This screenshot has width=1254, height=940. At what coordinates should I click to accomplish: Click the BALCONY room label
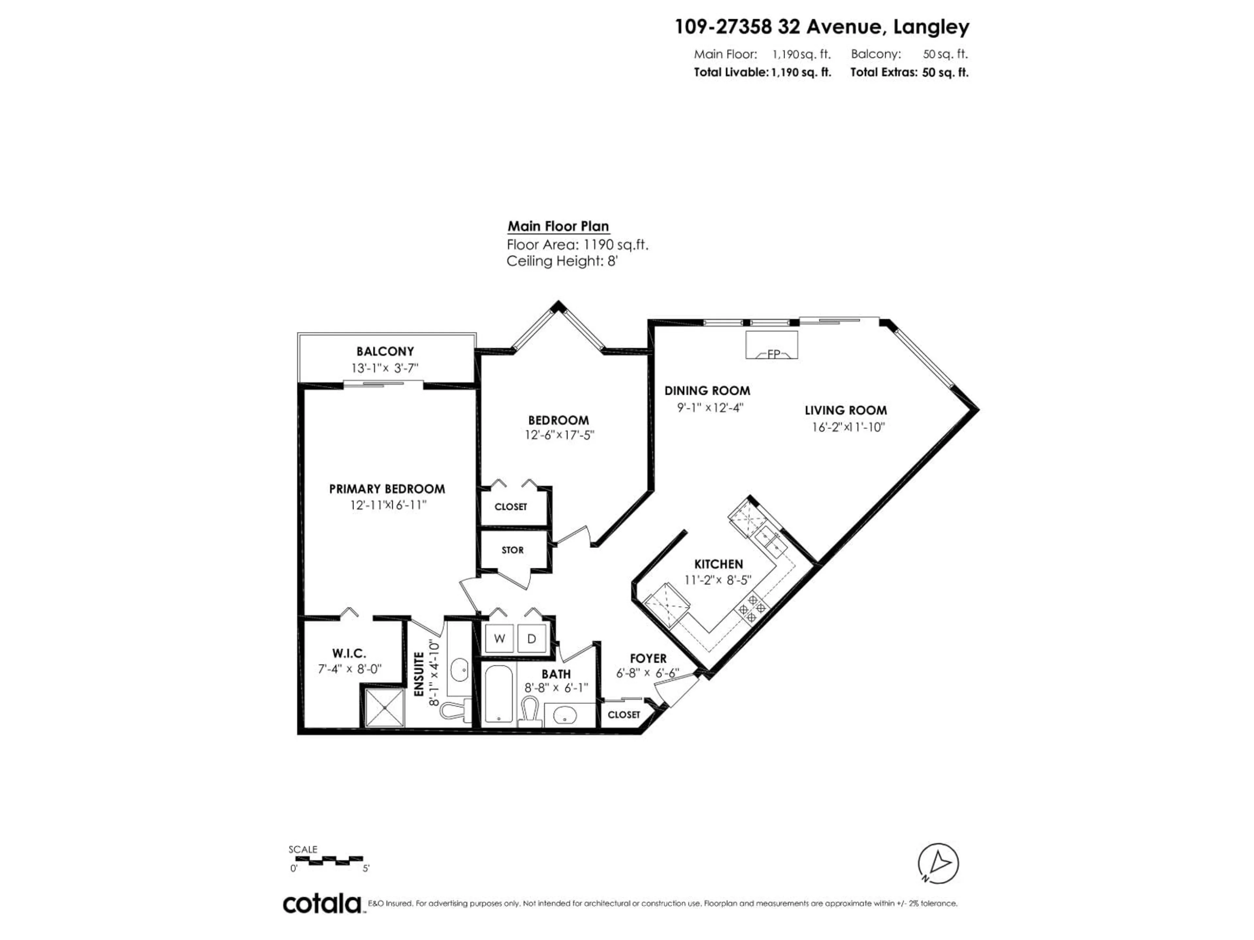(x=385, y=351)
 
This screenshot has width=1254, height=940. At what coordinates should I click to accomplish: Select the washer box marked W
(x=499, y=638)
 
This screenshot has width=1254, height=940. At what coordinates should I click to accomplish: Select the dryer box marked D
(x=532, y=638)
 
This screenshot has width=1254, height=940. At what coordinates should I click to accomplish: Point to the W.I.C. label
(x=349, y=653)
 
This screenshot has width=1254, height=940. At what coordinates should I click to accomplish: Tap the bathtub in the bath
(x=499, y=695)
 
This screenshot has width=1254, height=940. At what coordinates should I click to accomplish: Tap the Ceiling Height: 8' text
(x=561, y=261)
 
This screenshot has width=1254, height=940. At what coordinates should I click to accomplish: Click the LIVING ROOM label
(x=845, y=410)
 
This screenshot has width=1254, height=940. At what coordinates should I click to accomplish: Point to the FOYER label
(x=648, y=658)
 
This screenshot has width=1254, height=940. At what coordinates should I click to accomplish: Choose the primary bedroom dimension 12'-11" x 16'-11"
(x=388, y=505)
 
